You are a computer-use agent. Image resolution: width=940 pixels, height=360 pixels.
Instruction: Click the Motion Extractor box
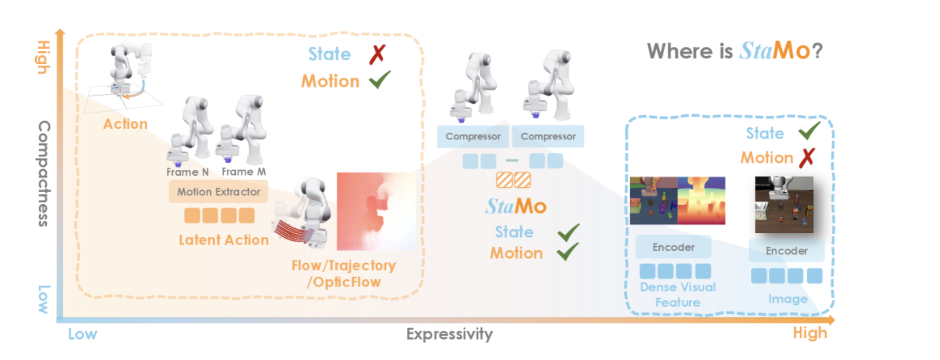[218, 192]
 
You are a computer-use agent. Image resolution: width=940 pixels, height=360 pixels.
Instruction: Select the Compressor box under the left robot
[473, 136]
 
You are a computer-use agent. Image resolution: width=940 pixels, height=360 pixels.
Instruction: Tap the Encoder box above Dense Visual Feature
[673, 247]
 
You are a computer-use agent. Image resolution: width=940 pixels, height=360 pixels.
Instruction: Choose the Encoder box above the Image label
[787, 251]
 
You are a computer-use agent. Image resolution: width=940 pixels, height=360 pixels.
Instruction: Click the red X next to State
[377, 54]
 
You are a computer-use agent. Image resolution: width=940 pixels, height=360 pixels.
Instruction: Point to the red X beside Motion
[807, 158]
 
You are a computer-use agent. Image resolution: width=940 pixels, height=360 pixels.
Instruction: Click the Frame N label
[187, 172]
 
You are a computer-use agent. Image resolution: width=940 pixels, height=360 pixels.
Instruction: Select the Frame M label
[243, 172]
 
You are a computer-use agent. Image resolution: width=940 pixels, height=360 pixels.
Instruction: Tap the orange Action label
[125, 124]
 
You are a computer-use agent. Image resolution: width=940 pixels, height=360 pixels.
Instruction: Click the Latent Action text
[224, 240]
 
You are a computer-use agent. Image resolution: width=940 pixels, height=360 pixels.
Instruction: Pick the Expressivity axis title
[450, 334]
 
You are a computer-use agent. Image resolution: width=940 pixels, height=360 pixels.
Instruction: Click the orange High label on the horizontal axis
[810, 333]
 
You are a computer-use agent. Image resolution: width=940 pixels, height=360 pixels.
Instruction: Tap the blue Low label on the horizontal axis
[82, 334]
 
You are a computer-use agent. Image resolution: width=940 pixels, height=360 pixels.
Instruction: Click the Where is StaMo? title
[734, 51]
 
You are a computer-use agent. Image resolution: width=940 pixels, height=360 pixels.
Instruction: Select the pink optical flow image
[376, 211]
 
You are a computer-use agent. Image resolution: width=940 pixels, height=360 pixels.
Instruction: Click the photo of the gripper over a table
[784, 204]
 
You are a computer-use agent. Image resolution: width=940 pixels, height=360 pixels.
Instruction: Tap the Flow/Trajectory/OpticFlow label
[344, 274]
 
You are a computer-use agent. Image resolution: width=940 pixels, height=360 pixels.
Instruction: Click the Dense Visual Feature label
[678, 295]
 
